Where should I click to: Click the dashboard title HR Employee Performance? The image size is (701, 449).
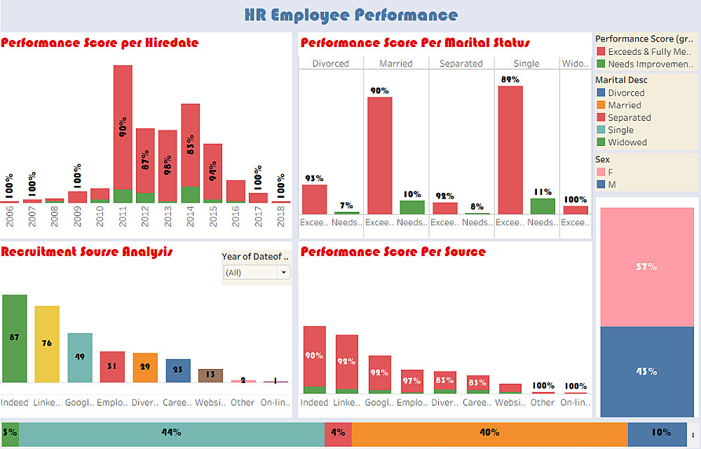pyautogui.click(x=351, y=15)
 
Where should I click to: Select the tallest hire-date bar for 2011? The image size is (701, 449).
pyautogui.click(x=123, y=126)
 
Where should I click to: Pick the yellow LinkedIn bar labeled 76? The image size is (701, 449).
pyautogui.click(x=47, y=344)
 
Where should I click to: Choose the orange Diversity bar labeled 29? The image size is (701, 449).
pyautogui.click(x=145, y=368)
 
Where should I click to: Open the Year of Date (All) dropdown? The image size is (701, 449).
pyautogui.click(x=256, y=272)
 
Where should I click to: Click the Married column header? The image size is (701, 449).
pyautogui.click(x=395, y=63)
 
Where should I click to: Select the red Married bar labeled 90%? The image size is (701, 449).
pyautogui.click(x=379, y=155)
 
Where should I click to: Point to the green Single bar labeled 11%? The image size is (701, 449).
pyautogui.click(x=543, y=206)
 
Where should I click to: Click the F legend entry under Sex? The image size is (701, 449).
pyautogui.click(x=611, y=172)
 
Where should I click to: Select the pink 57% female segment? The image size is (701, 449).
pyautogui.click(x=646, y=267)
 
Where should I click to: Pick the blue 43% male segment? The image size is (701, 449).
pyautogui.click(x=646, y=371)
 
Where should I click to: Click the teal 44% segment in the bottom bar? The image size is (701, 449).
pyautogui.click(x=171, y=433)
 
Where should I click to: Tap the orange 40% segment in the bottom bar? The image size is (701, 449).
pyautogui.click(x=489, y=433)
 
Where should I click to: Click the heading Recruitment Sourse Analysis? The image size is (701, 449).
pyautogui.click(x=87, y=252)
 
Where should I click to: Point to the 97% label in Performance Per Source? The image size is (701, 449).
pyautogui.click(x=411, y=381)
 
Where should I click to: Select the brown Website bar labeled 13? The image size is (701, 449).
pyautogui.click(x=210, y=375)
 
